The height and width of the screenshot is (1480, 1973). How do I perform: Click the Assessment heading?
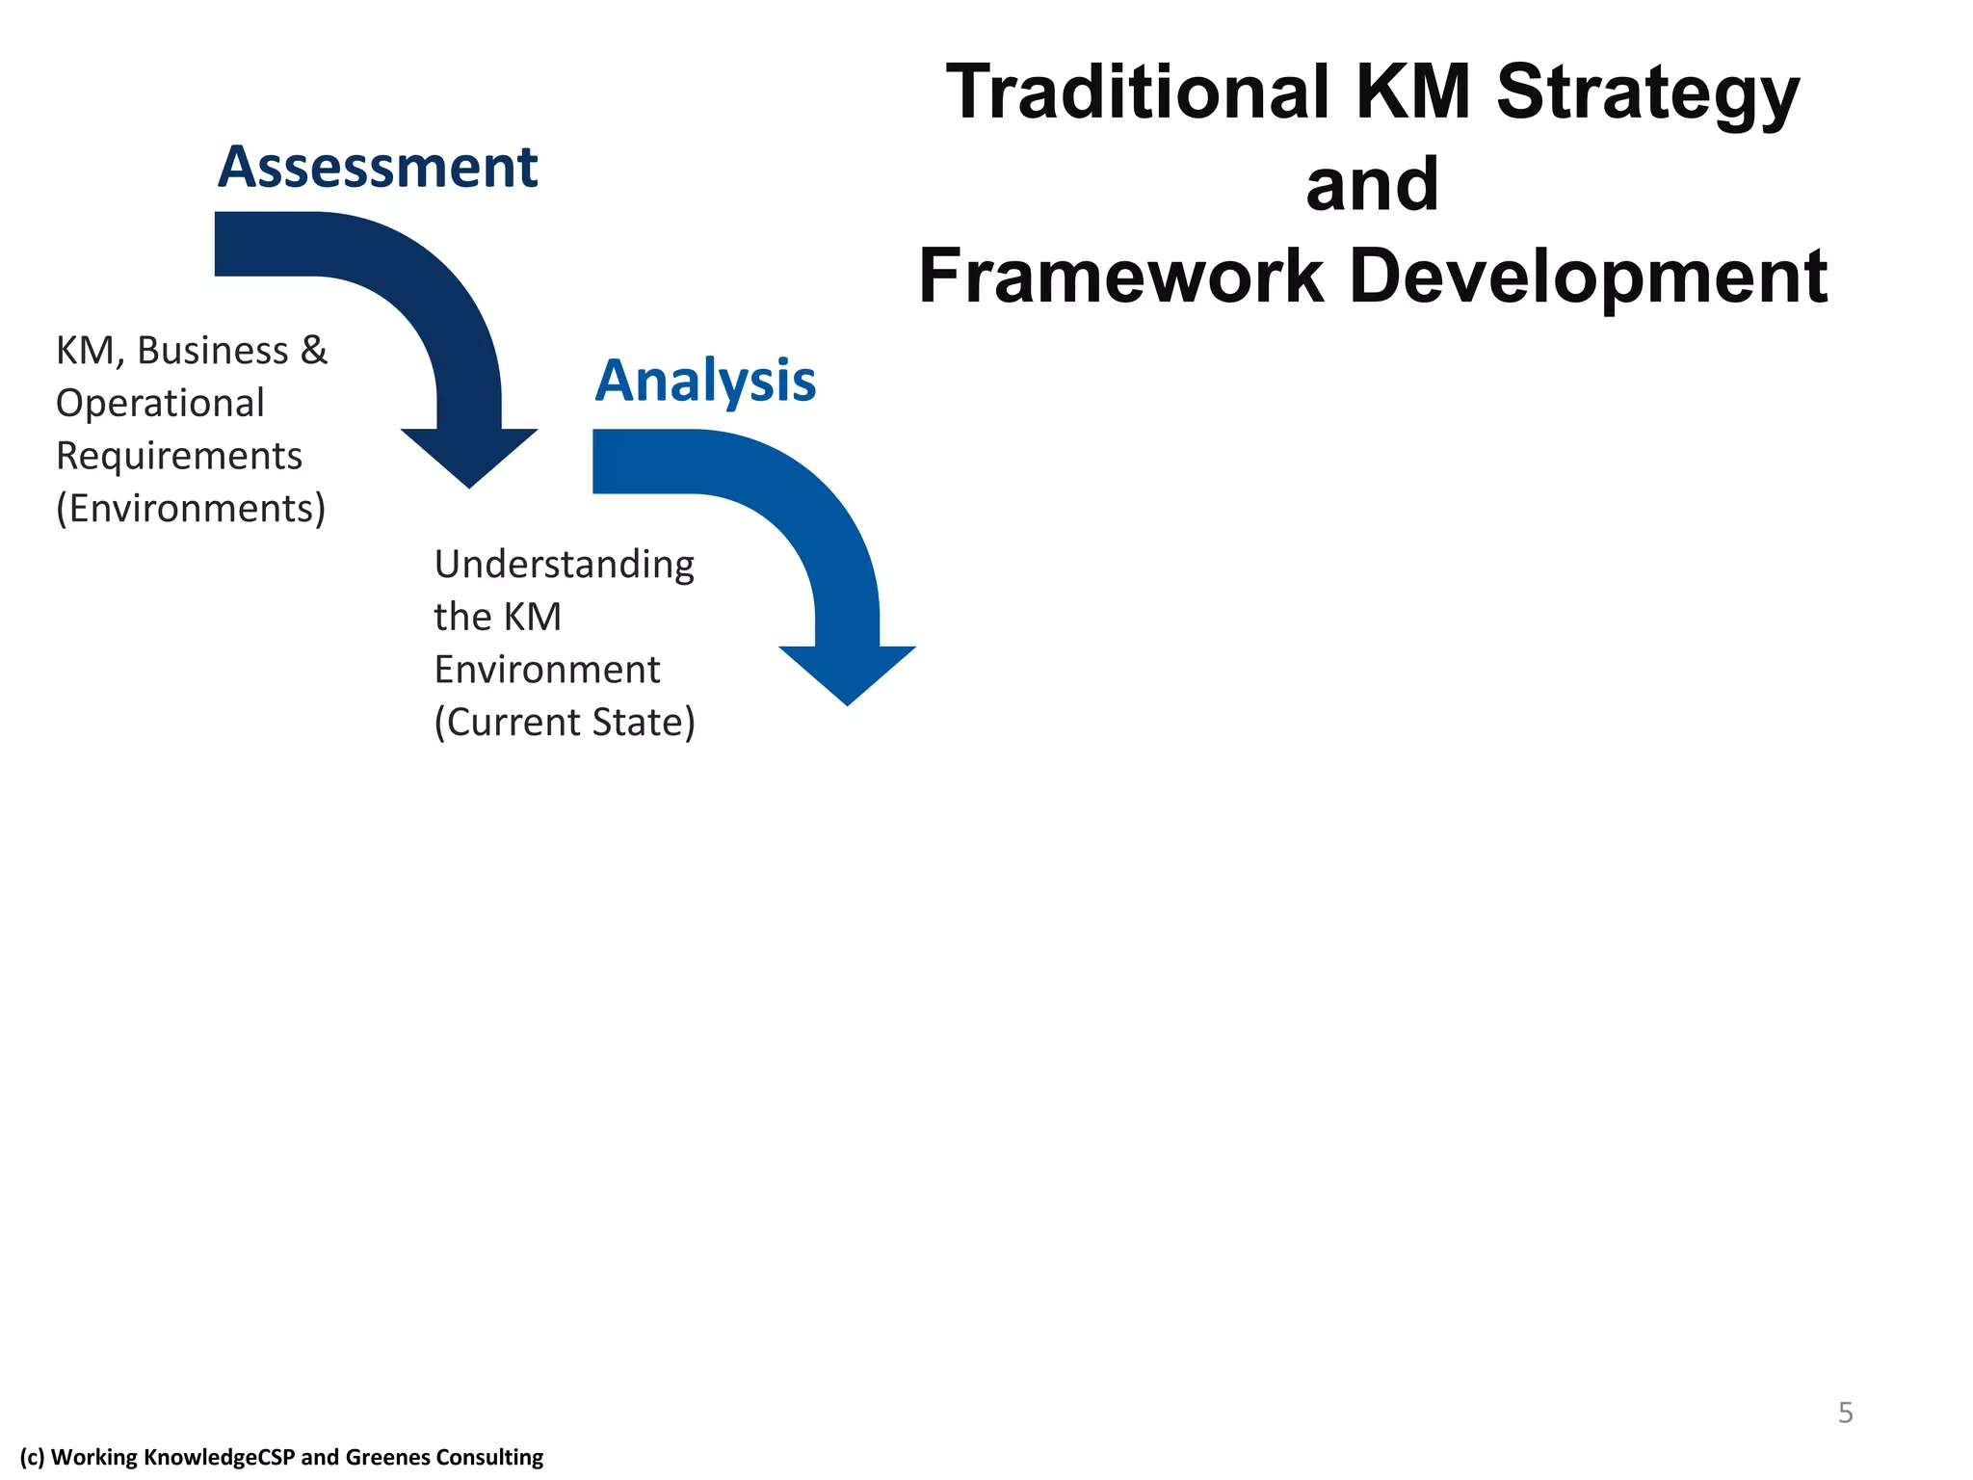[x=377, y=168]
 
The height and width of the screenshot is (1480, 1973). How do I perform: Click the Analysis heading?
[x=705, y=381]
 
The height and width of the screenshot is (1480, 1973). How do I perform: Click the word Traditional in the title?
[x=1138, y=92]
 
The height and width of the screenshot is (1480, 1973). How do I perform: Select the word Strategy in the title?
[x=1647, y=94]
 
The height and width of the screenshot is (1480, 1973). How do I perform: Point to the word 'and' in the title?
[x=1372, y=184]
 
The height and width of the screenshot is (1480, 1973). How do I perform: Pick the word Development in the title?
[x=1588, y=277]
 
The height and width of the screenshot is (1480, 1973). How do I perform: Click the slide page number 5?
[x=1845, y=1413]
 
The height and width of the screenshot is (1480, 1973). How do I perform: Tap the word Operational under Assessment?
[x=160, y=403]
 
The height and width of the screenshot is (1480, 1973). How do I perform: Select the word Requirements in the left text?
[x=179, y=456]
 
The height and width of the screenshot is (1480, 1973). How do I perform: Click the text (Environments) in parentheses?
[x=191, y=508]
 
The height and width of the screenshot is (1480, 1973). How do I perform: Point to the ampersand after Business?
[x=314, y=351]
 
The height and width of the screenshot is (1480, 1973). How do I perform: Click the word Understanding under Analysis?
[x=564, y=565]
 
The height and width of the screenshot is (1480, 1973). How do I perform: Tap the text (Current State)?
[x=565, y=723]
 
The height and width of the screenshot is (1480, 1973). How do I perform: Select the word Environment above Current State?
[x=547, y=670]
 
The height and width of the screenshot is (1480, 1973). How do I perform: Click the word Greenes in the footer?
[x=382, y=1457]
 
